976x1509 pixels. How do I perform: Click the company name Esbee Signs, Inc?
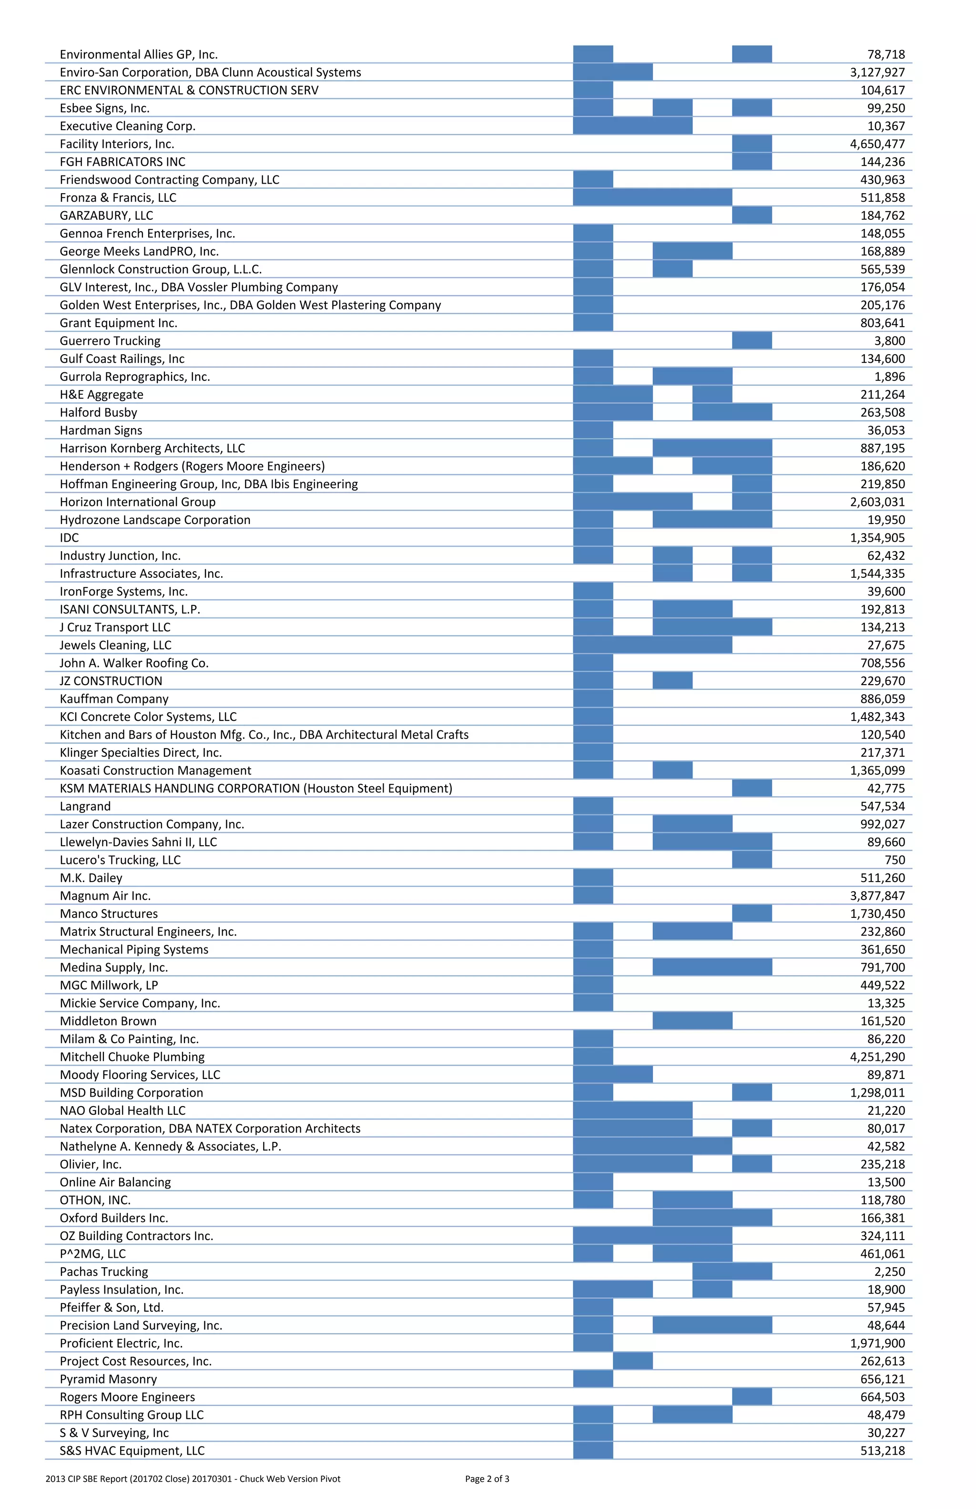pyautogui.click(x=104, y=108)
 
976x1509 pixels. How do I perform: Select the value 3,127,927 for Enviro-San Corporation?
pyautogui.click(x=877, y=72)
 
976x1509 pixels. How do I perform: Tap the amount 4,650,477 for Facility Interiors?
pyautogui.click(x=877, y=144)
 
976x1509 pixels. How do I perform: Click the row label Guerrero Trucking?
pyautogui.click(x=110, y=341)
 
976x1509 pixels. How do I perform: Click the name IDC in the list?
pyautogui.click(x=70, y=538)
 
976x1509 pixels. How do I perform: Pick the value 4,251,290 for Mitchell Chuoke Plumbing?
pyautogui.click(x=877, y=1057)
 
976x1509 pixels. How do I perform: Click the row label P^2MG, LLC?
pyautogui.click(x=93, y=1254)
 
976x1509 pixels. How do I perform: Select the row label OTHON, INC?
pyautogui.click(x=95, y=1200)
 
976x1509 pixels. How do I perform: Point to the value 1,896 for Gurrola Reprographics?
pyautogui.click(x=889, y=377)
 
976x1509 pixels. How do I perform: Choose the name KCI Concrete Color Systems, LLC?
pyautogui.click(x=148, y=717)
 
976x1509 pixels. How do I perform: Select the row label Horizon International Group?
pyautogui.click(x=138, y=502)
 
